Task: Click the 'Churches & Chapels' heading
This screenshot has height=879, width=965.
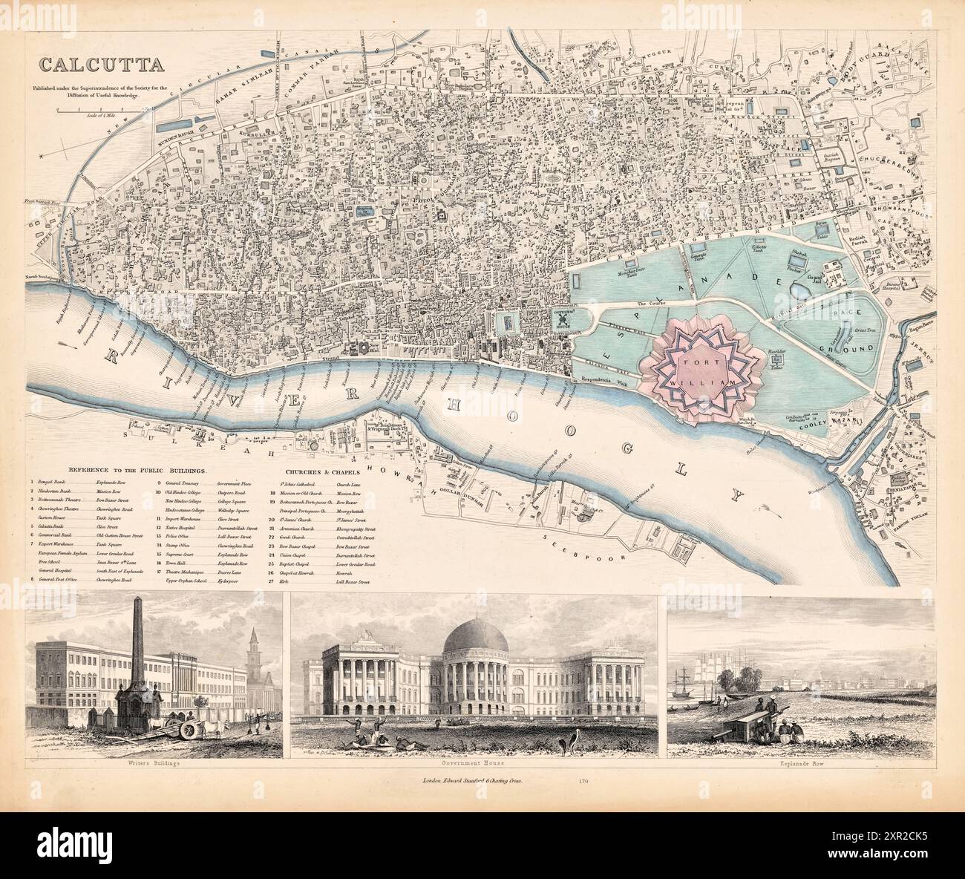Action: [322, 471]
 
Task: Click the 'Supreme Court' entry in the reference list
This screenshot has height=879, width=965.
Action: [180, 554]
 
